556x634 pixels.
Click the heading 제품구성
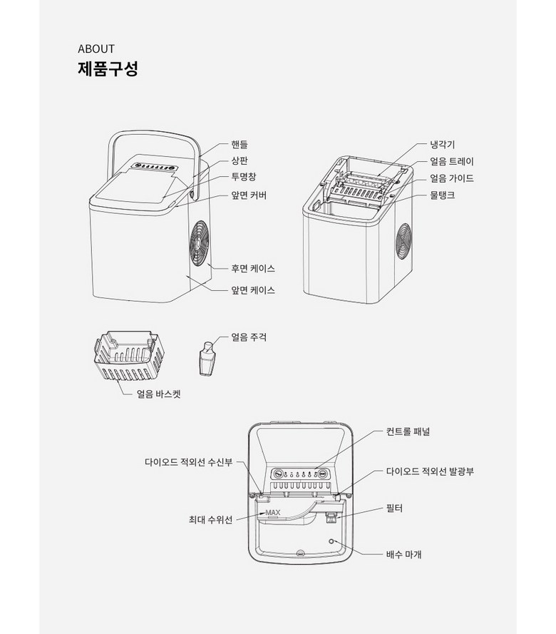coord(108,68)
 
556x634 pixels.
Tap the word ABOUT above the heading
coord(96,49)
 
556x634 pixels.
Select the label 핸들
coord(240,144)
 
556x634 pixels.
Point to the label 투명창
coord(244,177)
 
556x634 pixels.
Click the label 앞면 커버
coord(249,195)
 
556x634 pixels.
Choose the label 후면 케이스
coord(253,268)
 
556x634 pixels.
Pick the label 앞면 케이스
coord(253,290)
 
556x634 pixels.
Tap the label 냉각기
coord(443,144)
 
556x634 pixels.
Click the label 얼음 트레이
coord(452,161)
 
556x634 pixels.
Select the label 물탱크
coord(443,195)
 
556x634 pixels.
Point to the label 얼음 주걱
coord(249,337)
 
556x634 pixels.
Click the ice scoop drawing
coord(207,358)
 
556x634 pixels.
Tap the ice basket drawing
coord(129,356)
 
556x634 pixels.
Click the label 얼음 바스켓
coord(159,394)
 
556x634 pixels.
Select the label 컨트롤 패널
coord(408,431)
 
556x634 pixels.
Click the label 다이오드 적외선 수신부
coord(189,462)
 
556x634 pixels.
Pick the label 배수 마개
coord(404,554)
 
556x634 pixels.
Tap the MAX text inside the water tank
coord(273,512)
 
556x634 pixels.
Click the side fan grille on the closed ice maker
coord(199,243)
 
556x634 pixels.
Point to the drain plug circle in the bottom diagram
coord(331,541)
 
